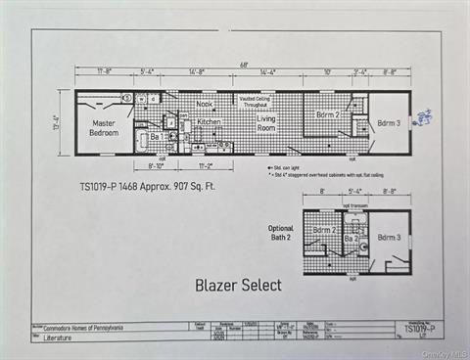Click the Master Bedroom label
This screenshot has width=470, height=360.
click(104, 128)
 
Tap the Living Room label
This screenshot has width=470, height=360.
click(266, 123)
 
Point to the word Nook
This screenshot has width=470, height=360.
click(204, 104)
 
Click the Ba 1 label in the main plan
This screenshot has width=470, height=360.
click(156, 137)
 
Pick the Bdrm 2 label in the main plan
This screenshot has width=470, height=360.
click(327, 114)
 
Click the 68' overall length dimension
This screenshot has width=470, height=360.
click(243, 66)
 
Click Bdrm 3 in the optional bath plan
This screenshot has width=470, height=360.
click(389, 238)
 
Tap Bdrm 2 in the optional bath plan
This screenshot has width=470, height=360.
click(324, 231)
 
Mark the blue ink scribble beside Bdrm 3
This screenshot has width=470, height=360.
click(423, 118)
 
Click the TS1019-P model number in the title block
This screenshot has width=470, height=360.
click(420, 330)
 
